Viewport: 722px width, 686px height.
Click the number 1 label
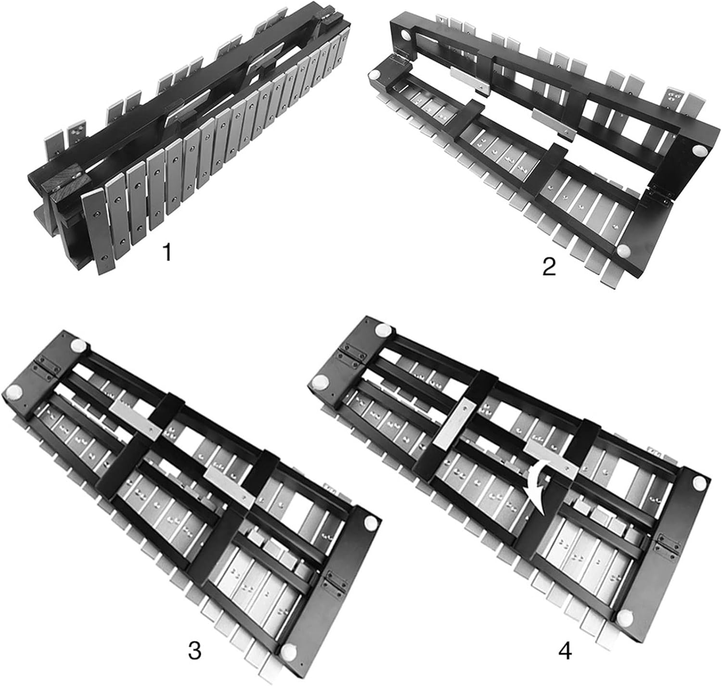click(x=167, y=252)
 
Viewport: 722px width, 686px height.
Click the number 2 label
click(x=549, y=266)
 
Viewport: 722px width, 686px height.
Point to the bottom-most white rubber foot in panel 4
click(x=626, y=617)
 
